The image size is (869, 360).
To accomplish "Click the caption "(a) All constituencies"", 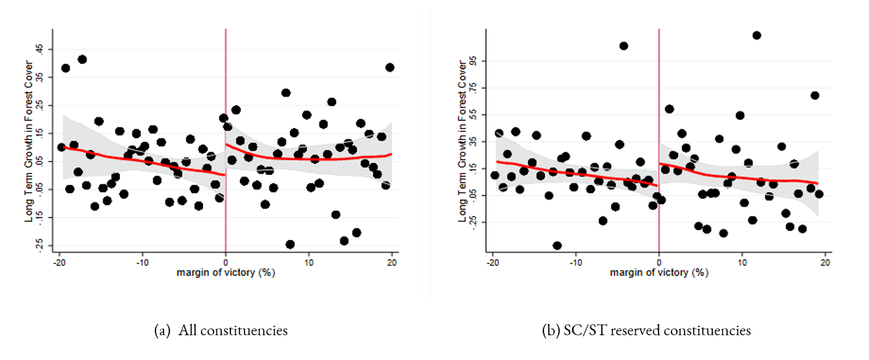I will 220,331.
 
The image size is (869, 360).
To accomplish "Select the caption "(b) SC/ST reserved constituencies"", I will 647,331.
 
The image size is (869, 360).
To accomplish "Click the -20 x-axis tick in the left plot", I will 59,262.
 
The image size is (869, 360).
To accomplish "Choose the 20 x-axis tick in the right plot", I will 825,262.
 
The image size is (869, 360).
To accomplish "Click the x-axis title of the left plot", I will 225,273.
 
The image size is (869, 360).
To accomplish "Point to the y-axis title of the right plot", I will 462,141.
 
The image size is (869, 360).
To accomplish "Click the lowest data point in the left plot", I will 290,244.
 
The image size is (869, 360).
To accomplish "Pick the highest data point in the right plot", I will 756,36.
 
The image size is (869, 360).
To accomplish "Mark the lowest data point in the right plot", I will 557,245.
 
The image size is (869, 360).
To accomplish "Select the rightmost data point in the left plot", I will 390,68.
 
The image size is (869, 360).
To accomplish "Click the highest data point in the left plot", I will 82,60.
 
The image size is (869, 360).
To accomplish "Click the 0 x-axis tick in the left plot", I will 225,262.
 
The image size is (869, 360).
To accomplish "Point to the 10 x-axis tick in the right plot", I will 742,262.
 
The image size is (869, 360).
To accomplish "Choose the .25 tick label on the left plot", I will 40,106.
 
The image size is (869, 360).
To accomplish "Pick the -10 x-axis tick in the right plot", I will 575,262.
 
